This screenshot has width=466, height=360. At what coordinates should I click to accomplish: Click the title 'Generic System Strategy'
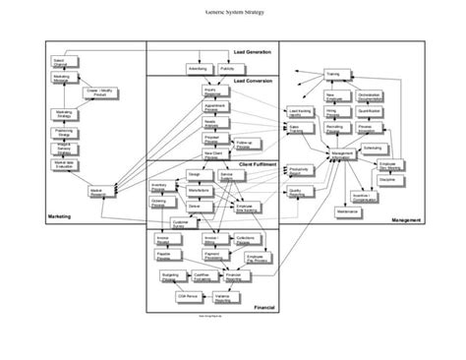pos(233,12)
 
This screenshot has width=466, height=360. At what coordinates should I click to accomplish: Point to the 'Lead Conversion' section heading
pos(253,81)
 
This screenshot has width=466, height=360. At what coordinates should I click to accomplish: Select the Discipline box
pos(387,180)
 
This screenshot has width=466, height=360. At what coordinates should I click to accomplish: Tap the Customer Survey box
pos(181,223)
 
